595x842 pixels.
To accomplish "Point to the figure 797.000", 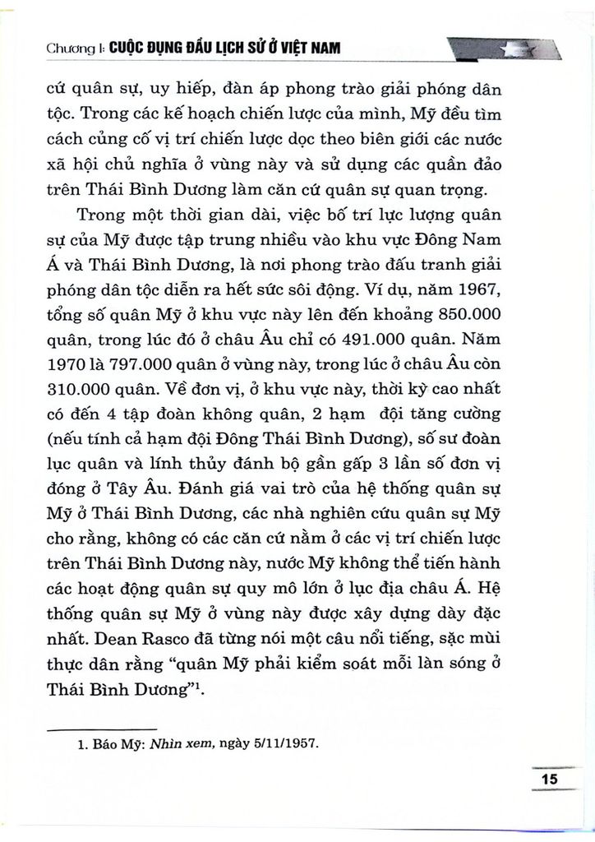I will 137,362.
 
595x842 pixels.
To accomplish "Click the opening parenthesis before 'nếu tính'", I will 51,433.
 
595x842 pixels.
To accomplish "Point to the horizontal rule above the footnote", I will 103,728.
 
